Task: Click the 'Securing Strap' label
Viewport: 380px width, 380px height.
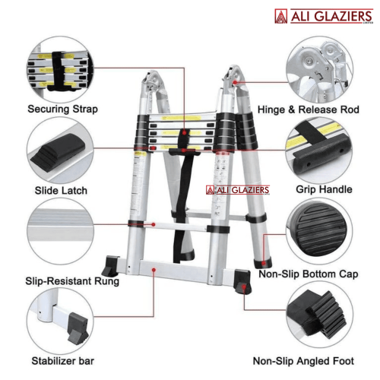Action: point(62,109)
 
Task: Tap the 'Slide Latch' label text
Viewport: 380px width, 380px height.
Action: point(61,191)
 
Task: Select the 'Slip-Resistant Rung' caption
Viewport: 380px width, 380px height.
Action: point(72,281)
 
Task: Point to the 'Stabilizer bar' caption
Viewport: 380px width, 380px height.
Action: point(62,361)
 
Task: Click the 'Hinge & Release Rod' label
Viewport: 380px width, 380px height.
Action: point(309,109)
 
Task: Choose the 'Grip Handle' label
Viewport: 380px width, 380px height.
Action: point(324,189)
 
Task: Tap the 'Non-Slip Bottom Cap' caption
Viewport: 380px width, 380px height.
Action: point(309,274)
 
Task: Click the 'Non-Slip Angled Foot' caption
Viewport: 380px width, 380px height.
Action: point(303,361)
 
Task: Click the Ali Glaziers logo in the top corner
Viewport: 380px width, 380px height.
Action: point(324,16)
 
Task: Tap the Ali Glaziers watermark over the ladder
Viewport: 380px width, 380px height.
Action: point(238,190)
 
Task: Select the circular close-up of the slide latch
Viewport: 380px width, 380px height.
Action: point(60,150)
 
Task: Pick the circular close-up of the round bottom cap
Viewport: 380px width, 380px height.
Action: point(319,231)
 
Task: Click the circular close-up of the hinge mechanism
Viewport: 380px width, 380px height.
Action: point(319,69)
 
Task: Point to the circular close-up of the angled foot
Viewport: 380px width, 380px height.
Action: point(320,314)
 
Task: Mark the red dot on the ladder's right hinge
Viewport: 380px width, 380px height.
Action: point(235,82)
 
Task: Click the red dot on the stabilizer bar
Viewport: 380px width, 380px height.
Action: point(154,270)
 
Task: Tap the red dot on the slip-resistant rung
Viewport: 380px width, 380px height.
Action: point(154,224)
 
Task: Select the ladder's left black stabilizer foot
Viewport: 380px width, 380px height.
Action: point(110,265)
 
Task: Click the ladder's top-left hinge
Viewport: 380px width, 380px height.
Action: point(152,82)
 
